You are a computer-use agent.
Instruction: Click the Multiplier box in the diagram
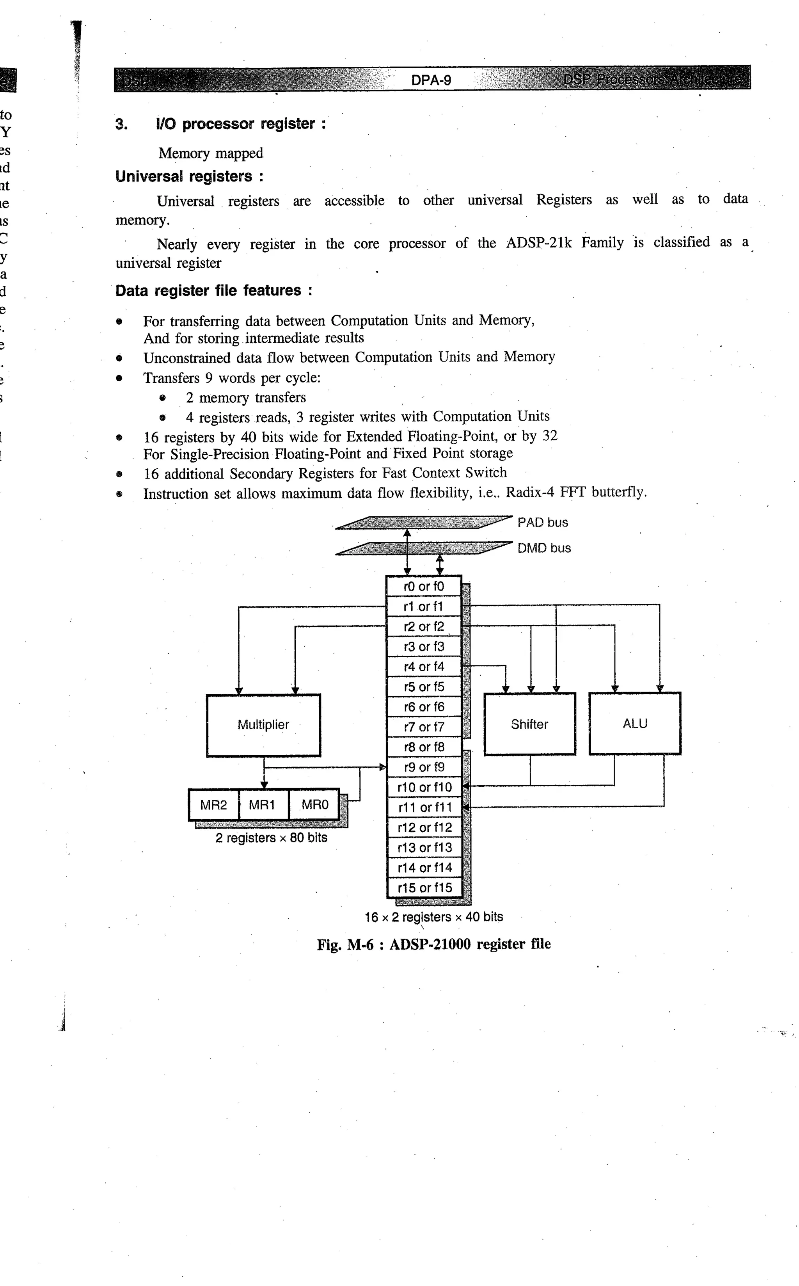click(x=263, y=725)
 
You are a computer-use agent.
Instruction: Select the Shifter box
click(x=529, y=724)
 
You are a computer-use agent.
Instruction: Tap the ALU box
click(x=635, y=723)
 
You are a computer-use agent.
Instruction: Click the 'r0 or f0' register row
click(x=424, y=586)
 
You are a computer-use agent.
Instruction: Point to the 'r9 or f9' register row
click(x=424, y=767)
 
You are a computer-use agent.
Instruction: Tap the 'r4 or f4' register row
click(x=424, y=667)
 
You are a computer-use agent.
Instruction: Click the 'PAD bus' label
click(x=543, y=522)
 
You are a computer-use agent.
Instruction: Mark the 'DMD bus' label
click(x=544, y=548)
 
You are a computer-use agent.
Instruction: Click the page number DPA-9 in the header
click(x=431, y=80)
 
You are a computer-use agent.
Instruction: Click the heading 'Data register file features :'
click(x=213, y=291)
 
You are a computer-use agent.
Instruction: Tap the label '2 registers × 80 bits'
click(x=271, y=838)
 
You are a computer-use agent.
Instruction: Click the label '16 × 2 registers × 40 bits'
click(x=434, y=917)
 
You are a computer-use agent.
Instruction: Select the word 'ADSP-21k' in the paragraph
click(x=539, y=243)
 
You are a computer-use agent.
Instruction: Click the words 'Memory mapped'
click(x=210, y=153)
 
